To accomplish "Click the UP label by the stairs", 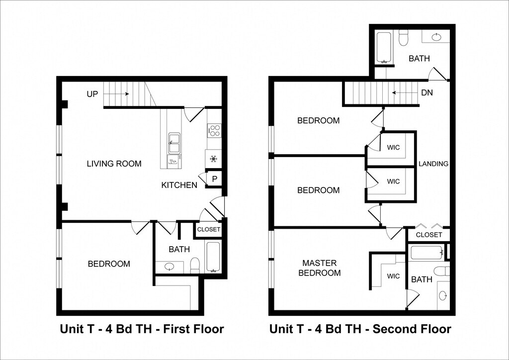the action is [92, 94].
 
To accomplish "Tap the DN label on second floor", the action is [427, 93].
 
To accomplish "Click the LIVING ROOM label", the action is [114, 164].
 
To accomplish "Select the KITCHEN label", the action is [179, 185].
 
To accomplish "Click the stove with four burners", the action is [214, 130].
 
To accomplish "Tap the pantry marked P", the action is [214, 179].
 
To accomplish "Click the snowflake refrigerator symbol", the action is [213, 159].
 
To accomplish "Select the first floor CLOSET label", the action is [209, 229].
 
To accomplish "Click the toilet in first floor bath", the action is [195, 265].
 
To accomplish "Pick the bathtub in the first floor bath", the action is [213, 257].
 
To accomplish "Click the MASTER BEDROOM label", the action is [320, 268].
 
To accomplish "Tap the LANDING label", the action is [433, 164].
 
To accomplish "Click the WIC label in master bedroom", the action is [393, 276].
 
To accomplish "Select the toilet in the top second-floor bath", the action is [403, 38].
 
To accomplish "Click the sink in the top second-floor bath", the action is [436, 37].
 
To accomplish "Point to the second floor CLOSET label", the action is [429, 235].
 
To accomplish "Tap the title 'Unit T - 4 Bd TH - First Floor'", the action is [142, 329].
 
